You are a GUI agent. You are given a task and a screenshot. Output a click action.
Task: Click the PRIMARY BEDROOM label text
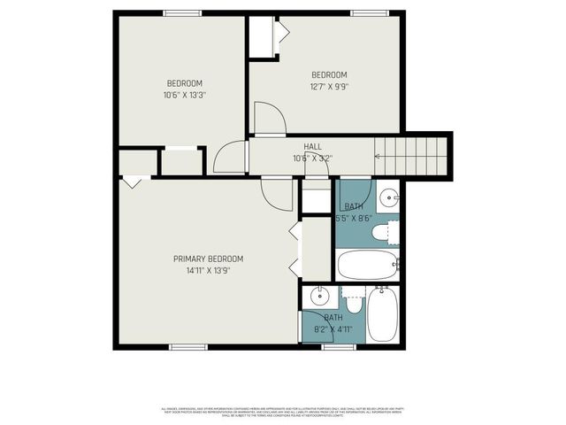click(x=208, y=259)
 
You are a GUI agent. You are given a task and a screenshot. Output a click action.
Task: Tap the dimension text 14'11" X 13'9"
click(x=208, y=273)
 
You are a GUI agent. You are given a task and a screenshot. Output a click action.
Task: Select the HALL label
click(x=312, y=147)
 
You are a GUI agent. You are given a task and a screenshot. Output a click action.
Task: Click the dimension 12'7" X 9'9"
click(x=328, y=87)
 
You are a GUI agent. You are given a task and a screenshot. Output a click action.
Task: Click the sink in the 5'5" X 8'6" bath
click(x=388, y=197)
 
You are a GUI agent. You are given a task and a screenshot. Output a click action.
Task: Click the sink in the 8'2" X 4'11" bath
click(x=319, y=297)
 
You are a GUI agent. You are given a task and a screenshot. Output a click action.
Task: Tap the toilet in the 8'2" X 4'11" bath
click(x=354, y=303)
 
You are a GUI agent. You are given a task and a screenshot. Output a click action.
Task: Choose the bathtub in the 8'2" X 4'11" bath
click(x=383, y=316)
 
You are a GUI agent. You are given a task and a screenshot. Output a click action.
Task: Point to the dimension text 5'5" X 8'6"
click(x=354, y=217)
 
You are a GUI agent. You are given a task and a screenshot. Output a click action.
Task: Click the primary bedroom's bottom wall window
click(x=187, y=346)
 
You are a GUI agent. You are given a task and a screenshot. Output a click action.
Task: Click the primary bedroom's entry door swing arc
click(x=278, y=195)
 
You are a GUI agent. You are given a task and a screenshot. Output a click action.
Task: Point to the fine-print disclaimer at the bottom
click(x=283, y=411)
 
